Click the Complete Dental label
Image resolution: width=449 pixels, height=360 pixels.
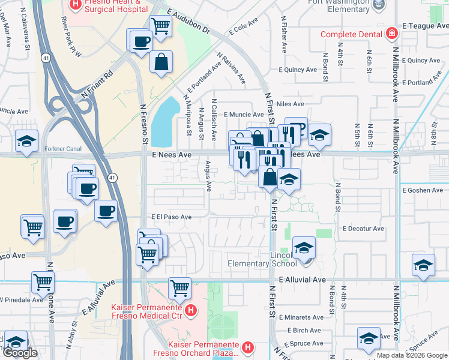coord(351,34)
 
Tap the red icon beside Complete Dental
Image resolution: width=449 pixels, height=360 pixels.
coord(391,33)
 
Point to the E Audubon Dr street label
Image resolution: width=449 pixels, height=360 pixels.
coord(189,22)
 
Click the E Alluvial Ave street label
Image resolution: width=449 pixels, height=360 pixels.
coord(302,280)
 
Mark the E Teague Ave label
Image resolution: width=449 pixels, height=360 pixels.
coord(425,26)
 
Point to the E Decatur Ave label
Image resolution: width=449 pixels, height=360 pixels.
coord(363,229)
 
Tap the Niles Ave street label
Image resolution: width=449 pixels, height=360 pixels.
coord(291,104)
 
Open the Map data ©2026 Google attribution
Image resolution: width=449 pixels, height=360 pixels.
coord(412,355)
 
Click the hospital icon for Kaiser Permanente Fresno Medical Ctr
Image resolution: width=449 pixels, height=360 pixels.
coord(190,310)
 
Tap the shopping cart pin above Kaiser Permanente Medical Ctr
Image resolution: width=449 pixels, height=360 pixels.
coord(179,287)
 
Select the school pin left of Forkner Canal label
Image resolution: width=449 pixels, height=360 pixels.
coord(27,141)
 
